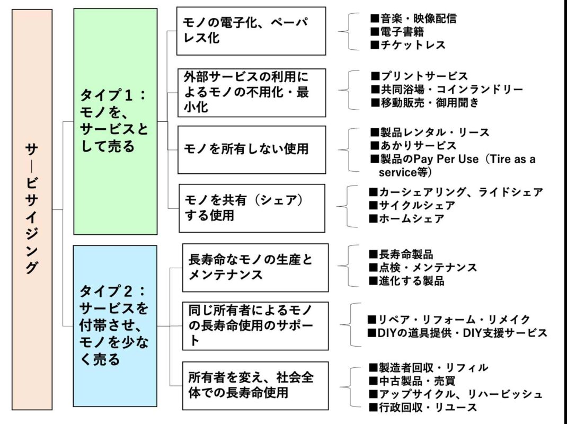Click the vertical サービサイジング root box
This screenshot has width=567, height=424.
(x=32, y=209)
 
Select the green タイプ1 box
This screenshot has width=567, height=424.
(x=116, y=121)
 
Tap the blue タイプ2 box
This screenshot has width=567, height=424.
(x=115, y=326)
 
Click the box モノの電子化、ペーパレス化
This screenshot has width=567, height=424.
(x=251, y=31)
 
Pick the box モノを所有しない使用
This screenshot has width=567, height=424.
(x=252, y=150)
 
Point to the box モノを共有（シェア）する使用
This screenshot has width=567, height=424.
(x=252, y=208)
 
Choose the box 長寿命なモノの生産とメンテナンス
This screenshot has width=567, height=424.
(x=255, y=268)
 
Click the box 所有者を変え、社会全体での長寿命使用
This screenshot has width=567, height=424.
(x=255, y=386)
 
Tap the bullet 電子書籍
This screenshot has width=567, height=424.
(x=397, y=32)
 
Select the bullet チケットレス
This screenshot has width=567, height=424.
(x=408, y=45)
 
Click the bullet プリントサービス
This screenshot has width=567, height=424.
(x=419, y=76)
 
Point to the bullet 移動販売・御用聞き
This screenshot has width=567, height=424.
(x=424, y=103)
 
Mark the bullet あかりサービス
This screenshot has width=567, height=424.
(x=413, y=145)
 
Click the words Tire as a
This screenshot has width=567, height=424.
(x=513, y=159)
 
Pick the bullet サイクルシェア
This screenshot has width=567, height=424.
(x=412, y=206)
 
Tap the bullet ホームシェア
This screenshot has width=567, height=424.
(x=406, y=219)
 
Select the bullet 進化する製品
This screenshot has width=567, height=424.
(x=406, y=281)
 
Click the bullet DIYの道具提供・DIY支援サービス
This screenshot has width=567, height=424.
(x=457, y=333)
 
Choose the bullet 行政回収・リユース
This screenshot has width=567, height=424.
(x=423, y=408)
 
